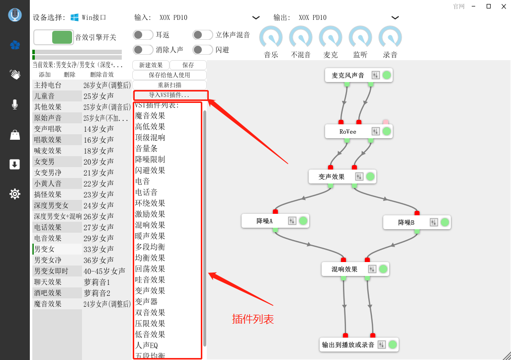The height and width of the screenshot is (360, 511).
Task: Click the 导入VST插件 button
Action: pyautogui.click(x=170, y=95)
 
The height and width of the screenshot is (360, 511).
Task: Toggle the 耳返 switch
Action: pyautogui.click(x=143, y=35)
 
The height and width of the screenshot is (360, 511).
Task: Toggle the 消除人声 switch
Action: pyautogui.click(x=143, y=50)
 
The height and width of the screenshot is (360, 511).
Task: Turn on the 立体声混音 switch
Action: pyautogui.click(x=202, y=35)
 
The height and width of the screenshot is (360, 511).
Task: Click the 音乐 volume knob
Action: pyautogui.click(x=271, y=37)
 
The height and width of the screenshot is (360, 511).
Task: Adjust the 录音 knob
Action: pyautogui.click(x=390, y=37)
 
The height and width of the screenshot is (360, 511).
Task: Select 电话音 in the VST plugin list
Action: pyautogui.click(x=146, y=192)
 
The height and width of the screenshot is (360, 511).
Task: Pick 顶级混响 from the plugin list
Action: pyautogui.click(x=150, y=138)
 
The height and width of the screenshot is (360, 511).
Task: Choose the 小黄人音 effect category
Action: pyautogui.click(x=48, y=183)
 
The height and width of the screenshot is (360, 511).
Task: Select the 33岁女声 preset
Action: pyautogui.click(x=98, y=249)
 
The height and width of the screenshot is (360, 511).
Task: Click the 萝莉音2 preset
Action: pyautogui.click(x=97, y=293)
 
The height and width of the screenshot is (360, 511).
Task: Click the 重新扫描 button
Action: pyautogui.click(x=170, y=85)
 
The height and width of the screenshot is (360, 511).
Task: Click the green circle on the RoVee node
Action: pyautogui.click(x=387, y=131)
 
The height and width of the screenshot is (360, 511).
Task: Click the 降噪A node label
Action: pyautogui.click(x=264, y=221)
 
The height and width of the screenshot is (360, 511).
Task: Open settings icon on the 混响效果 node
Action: pyautogui.click(x=372, y=269)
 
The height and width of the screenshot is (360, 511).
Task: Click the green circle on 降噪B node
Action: pyautogui.click(x=445, y=222)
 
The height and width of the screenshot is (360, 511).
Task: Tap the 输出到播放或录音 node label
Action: pyautogui.click(x=348, y=345)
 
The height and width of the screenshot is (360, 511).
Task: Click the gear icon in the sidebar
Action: pyautogui.click(x=15, y=194)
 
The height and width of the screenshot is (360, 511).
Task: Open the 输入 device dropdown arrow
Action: pyautogui.click(x=256, y=17)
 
